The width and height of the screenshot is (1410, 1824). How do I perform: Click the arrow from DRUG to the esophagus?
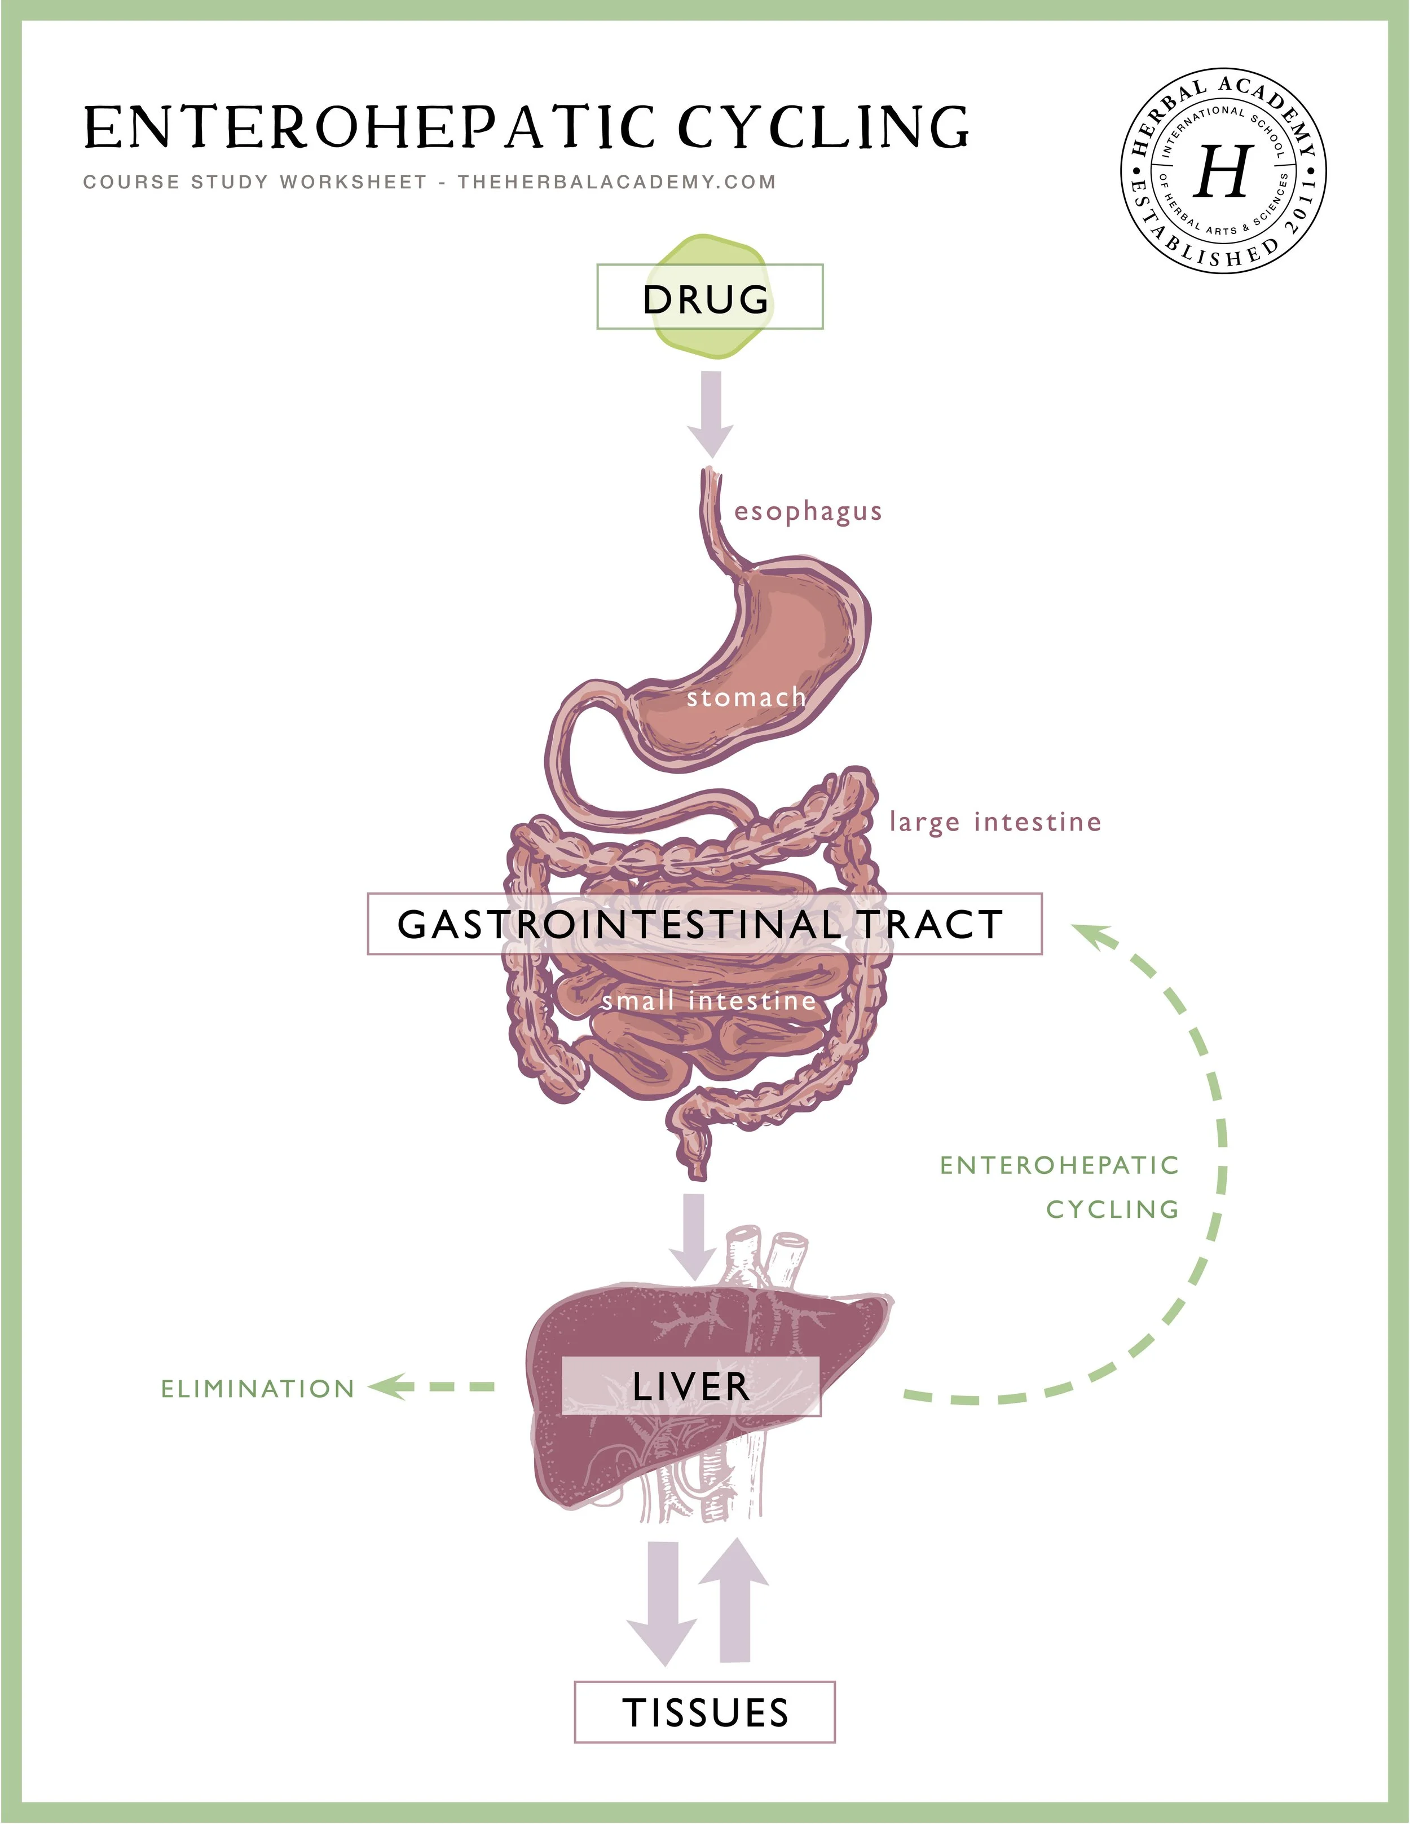(711, 413)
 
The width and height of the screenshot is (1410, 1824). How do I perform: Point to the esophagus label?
(808, 511)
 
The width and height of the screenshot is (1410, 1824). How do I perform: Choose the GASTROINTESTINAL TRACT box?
(704, 924)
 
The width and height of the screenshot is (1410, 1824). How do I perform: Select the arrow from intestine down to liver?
(693, 1235)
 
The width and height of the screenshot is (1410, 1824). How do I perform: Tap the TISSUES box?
(704, 1712)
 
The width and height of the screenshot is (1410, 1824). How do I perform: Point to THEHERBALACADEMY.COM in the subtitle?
(616, 182)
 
